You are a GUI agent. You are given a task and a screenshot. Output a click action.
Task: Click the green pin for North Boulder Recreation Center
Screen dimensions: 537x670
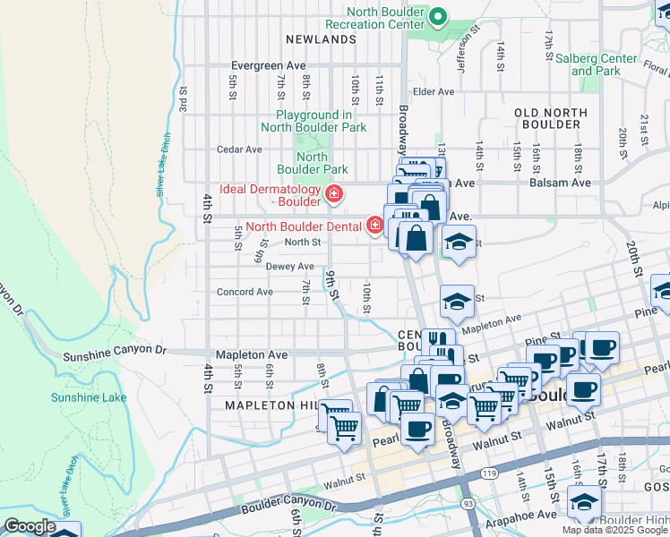[x=438, y=16]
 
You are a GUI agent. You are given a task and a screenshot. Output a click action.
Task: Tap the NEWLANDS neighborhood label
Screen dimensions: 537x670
[x=322, y=40]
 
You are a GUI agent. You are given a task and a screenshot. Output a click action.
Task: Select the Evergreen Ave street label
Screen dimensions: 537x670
[x=268, y=65]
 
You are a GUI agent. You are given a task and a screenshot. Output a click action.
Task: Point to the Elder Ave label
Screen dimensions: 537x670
[x=434, y=91]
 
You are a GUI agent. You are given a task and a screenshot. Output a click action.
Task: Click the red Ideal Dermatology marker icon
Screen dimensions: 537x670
[x=335, y=193]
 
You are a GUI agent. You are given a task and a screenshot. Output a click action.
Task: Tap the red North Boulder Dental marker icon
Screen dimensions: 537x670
[x=374, y=226]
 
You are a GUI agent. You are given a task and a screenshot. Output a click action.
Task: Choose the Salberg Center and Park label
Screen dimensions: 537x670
[x=596, y=64]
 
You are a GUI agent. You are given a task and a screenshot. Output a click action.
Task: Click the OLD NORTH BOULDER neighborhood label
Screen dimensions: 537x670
[x=552, y=119]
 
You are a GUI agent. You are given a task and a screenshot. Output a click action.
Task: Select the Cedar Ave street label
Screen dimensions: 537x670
[x=239, y=149]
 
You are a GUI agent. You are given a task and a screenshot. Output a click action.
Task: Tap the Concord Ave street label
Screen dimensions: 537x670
[x=245, y=292]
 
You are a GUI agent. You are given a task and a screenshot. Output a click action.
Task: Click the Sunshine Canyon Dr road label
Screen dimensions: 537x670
[x=115, y=355]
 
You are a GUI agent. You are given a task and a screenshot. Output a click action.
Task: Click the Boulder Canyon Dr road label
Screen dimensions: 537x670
[x=286, y=507]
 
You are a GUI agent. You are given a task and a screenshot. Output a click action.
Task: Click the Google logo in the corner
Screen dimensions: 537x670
[x=30, y=526]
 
